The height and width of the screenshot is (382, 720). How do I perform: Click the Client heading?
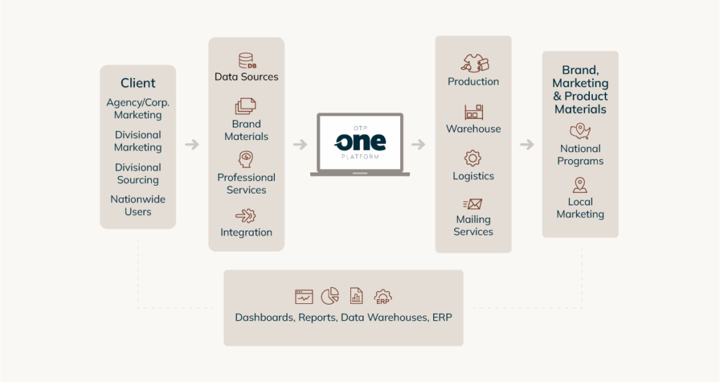[138, 83]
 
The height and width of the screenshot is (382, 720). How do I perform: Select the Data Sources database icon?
[247, 61]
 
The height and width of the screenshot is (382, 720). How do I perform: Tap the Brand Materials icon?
[245, 106]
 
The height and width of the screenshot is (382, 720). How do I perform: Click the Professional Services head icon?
[246, 158]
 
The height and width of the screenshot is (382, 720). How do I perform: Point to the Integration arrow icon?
[246, 215]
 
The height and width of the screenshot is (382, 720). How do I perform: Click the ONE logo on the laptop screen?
[360, 141]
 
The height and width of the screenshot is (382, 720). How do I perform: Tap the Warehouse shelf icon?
[473, 112]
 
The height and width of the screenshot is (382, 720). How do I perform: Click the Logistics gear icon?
[473, 158]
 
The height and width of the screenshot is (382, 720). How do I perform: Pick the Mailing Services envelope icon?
[473, 204]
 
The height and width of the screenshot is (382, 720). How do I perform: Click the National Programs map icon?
[580, 131]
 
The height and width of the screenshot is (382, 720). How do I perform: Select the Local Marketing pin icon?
[580, 185]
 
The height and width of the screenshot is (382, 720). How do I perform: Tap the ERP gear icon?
[383, 296]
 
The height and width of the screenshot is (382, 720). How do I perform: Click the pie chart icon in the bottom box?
[330, 296]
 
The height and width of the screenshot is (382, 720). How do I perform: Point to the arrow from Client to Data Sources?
[192, 145]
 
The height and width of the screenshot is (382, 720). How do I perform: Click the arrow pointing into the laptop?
[300, 145]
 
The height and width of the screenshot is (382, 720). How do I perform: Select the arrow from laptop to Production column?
[418, 145]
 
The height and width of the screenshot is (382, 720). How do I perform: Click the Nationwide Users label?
[138, 205]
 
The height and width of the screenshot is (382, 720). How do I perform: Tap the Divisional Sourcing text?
[138, 174]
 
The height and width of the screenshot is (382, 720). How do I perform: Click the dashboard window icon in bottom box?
[304, 296]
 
